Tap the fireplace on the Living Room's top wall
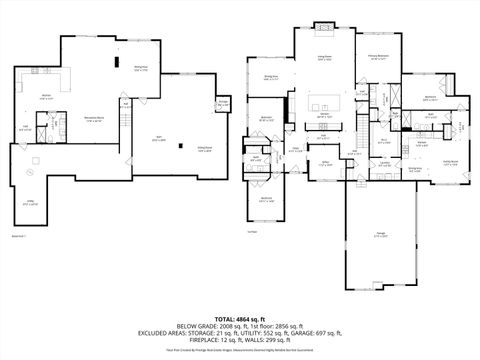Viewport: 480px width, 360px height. tap(324, 25)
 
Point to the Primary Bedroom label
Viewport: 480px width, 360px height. tap(377, 57)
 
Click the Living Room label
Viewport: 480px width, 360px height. tap(324, 58)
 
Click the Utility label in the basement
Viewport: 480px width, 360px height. tap(30, 202)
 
